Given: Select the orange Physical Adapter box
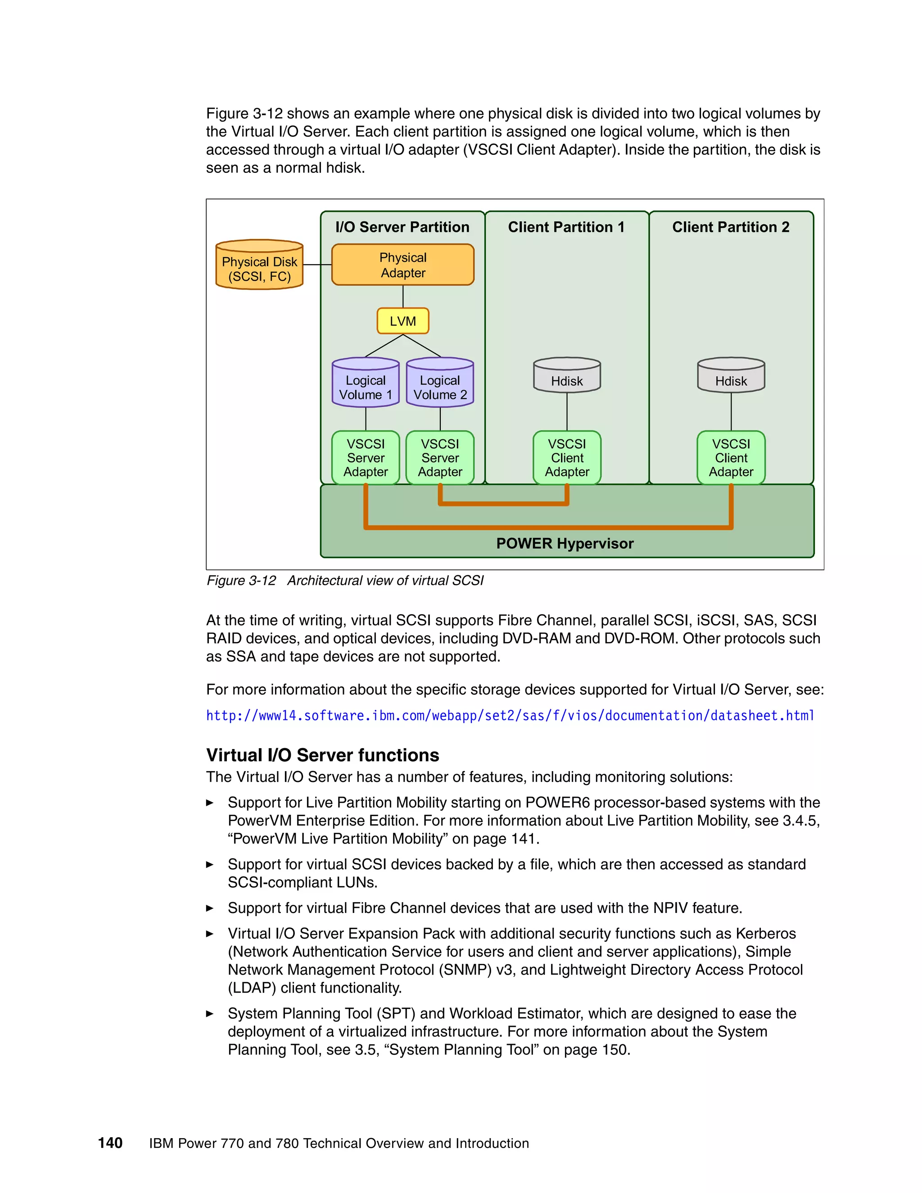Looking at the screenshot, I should (x=402, y=265).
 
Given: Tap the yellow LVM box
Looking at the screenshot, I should (x=402, y=321).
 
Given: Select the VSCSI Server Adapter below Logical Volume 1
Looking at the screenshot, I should (x=366, y=458).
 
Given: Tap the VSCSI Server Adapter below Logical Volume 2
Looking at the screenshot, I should (x=440, y=458).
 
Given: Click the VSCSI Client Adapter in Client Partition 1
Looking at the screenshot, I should (x=567, y=458).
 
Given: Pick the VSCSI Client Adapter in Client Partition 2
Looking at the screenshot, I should (x=731, y=458).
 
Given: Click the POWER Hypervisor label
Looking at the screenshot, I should (x=565, y=543).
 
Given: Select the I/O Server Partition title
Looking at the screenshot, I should (x=402, y=227).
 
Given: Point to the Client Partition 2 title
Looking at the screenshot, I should (x=731, y=227).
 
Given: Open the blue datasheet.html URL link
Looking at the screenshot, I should (x=510, y=716).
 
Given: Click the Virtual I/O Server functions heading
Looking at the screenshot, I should (x=322, y=755).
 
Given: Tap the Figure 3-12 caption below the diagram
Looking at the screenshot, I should (x=345, y=581).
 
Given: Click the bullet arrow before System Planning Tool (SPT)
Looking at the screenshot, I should (x=210, y=1014).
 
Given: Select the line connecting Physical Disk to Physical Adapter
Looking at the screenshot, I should (x=317, y=265).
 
